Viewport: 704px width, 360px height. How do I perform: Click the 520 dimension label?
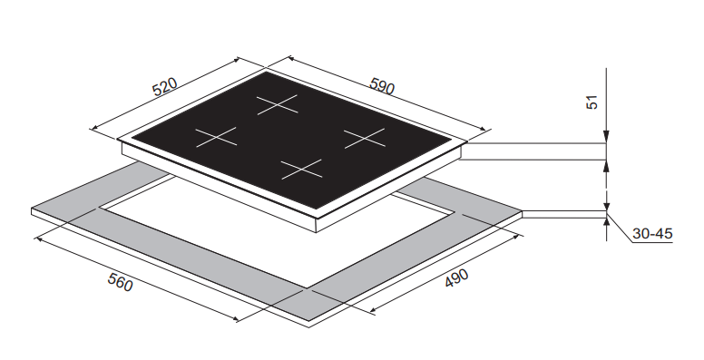(165, 87)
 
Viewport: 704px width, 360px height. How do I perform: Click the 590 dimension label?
(382, 86)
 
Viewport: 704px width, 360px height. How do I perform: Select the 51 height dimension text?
(592, 102)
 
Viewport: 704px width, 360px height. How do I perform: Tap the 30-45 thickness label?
(652, 233)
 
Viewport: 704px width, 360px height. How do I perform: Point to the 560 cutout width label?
(121, 282)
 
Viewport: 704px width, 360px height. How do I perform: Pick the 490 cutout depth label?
(456, 277)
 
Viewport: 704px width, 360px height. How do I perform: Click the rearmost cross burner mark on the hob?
(278, 104)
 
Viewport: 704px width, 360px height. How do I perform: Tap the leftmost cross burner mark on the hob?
(216, 137)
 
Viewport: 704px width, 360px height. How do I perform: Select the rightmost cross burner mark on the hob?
(365, 138)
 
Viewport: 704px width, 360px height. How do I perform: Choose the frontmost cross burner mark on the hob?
(302, 170)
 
